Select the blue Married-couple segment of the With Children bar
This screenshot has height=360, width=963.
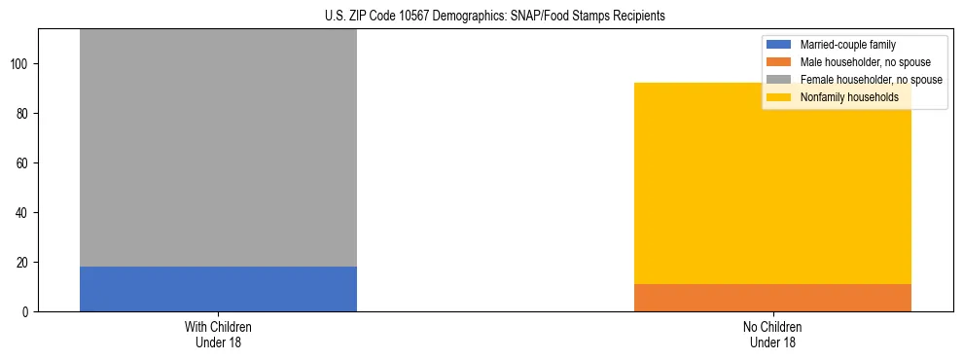[x=218, y=289]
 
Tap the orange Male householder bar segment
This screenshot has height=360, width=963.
[x=772, y=298]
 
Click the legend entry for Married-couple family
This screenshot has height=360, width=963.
[x=847, y=45]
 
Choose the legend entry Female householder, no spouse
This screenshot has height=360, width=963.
[x=871, y=80]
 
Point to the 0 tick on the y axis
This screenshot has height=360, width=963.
[x=27, y=311]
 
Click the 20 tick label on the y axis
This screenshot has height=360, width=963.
[x=24, y=262]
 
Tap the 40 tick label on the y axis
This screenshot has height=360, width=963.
[x=24, y=212]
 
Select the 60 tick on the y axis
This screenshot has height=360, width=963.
[x=24, y=162]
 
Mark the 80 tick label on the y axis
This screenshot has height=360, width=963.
[x=24, y=113]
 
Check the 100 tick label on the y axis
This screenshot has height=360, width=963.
[x=21, y=63]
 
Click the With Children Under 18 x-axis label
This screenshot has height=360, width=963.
[x=218, y=334]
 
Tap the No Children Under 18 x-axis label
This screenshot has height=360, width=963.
[x=772, y=334]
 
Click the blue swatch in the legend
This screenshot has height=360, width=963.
[x=779, y=45]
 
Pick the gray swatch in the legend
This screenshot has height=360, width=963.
[x=779, y=80]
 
